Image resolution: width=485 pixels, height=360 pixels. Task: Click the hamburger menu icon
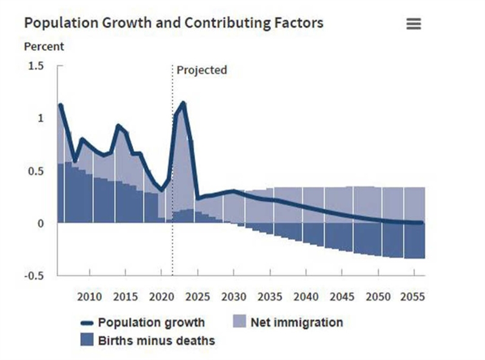(414, 24)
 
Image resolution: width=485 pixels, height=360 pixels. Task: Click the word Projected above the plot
(201, 70)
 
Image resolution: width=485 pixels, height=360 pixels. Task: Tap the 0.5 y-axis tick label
(36, 171)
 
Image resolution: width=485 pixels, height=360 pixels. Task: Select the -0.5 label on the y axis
(34, 275)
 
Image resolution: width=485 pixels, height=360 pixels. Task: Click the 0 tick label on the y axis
(41, 224)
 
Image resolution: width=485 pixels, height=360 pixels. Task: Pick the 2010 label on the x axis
(89, 297)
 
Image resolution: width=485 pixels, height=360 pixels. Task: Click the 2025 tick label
(198, 297)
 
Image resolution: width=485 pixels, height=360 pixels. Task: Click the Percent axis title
(44, 46)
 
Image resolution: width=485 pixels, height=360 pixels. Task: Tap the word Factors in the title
(296, 23)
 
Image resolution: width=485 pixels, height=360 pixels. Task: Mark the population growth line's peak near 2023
(183, 104)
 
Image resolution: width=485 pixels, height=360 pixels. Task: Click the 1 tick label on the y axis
(41, 118)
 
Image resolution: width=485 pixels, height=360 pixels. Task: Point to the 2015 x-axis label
(125, 297)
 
